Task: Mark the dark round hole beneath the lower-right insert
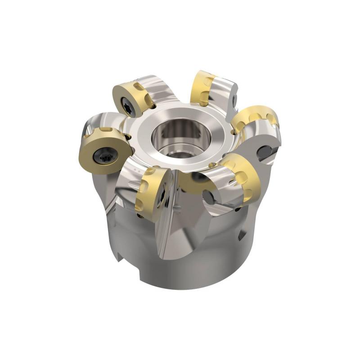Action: pos(208,196)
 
